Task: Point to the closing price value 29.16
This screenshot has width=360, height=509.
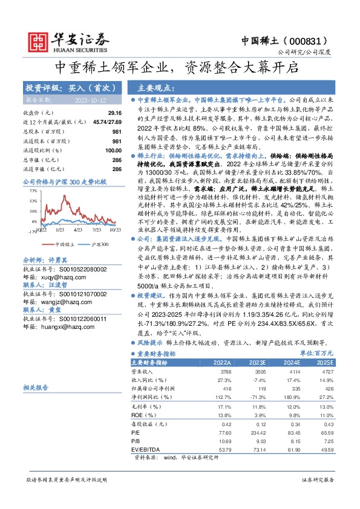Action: click(x=114, y=113)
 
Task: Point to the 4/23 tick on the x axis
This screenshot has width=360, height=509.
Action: click(x=77, y=230)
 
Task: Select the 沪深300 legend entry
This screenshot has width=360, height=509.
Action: click(x=98, y=244)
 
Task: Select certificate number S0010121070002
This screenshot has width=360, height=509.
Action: click(x=73, y=293)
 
